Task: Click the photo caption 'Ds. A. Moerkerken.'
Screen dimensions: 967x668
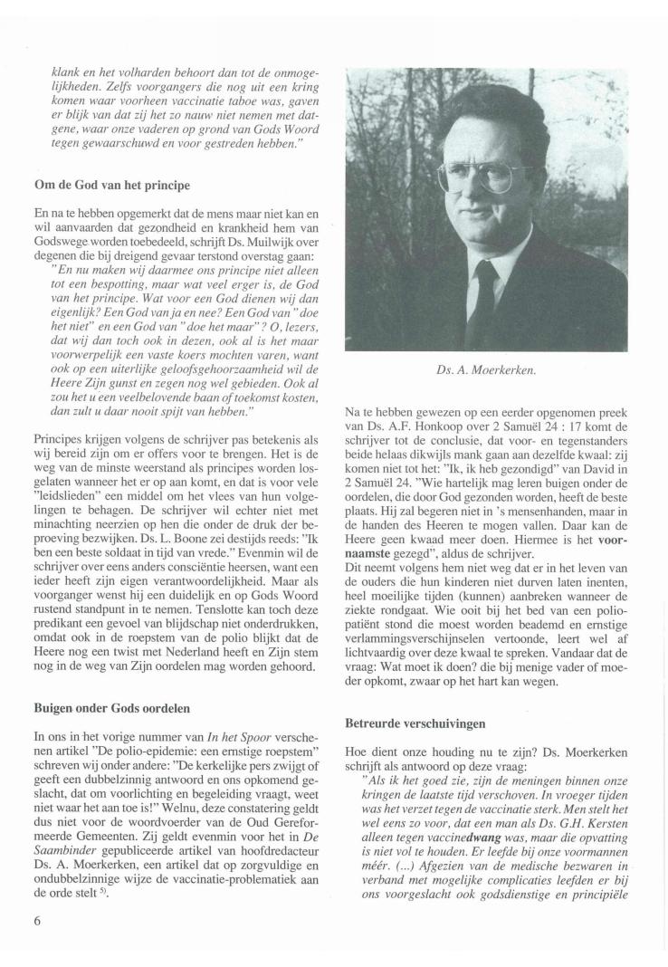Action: [487, 368]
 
